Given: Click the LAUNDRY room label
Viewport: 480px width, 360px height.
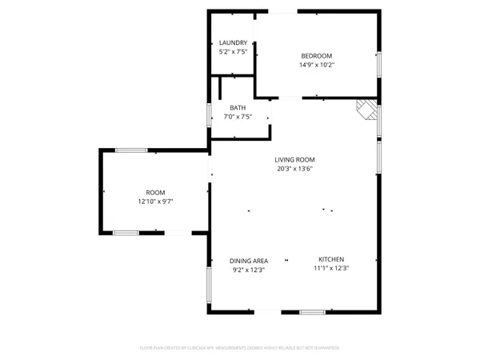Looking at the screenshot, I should (233, 43).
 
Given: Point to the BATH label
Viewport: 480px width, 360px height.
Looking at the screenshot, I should (238, 108).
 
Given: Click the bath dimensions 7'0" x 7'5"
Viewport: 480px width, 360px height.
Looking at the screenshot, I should (238, 118).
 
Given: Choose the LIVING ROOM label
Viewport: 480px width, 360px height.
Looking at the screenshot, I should (294, 159).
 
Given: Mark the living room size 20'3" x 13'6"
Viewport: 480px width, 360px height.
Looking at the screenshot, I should (294, 169).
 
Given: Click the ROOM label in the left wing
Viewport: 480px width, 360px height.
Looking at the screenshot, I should (154, 192).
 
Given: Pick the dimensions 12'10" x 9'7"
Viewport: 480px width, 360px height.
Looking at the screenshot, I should (154, 202).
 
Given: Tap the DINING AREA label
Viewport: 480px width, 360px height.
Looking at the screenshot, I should (249, 260).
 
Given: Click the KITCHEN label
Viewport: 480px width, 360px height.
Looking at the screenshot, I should (331, 259).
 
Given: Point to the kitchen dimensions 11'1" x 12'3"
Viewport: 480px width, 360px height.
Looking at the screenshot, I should (331, 269).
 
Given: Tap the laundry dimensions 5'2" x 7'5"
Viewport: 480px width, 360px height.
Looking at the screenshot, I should (233, 53).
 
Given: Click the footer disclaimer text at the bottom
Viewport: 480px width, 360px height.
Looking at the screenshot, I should (240, 349).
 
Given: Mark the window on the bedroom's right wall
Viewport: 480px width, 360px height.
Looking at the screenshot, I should (378, 66).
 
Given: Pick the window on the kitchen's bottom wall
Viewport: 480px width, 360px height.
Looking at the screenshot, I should (313, 310).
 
